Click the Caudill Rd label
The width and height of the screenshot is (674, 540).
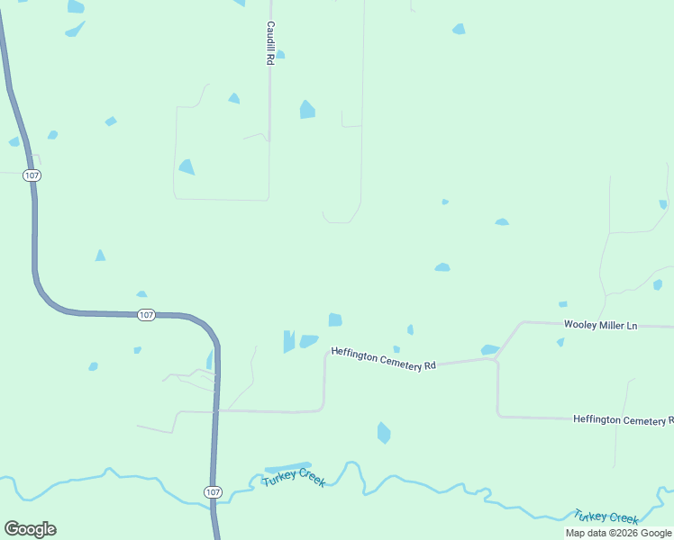[269, 43]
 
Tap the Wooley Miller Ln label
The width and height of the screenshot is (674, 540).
[600, 325]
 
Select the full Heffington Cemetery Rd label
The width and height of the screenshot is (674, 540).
[383, 358]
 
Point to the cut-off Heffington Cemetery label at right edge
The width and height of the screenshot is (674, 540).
[623, 420]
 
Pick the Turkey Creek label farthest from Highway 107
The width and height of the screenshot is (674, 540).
[606, 517]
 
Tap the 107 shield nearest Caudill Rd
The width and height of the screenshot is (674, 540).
[32, 175]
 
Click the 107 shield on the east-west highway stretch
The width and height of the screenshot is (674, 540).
[147, 315]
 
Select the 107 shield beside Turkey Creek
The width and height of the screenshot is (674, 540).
[212, 492]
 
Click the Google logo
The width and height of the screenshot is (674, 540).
[30, 529]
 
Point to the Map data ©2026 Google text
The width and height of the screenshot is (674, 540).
[619, 533]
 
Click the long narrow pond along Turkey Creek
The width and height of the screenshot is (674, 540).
[287, 467]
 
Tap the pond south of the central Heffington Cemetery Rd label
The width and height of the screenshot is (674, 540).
[384, 433]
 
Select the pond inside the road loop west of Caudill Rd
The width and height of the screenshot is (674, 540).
[187, 166]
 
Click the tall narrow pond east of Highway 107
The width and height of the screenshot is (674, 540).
[288, 341]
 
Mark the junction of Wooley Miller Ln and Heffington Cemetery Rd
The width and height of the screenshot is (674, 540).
[495, 359]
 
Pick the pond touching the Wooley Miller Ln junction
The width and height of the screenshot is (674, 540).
[489, 349]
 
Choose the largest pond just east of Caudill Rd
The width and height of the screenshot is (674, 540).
[307, 110]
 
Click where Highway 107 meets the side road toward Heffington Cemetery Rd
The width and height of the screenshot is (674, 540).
[217, 411]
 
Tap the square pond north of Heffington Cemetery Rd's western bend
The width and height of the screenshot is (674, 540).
[335, 319]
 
